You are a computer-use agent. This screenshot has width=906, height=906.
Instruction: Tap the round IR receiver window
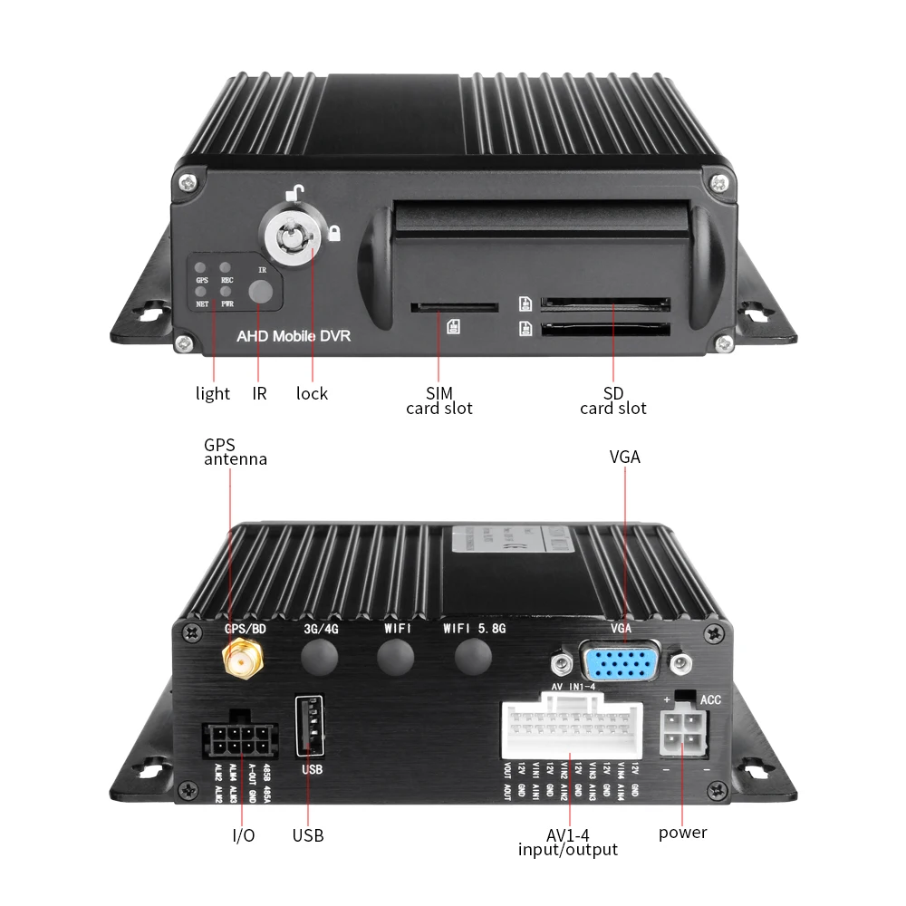(262, 291)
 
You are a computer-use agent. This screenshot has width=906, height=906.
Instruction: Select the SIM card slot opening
(454, 307)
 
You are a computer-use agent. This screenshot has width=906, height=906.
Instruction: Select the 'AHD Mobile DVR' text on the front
(293, 336)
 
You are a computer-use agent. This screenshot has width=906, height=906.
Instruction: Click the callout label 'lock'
(312, 394)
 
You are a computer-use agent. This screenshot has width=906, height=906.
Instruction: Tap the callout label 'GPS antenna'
(235, 452)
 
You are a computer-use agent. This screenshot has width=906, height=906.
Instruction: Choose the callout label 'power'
(682, 833)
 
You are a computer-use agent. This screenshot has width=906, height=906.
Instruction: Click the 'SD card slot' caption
(613, 401)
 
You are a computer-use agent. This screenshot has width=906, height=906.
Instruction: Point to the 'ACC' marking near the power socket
(710, 700)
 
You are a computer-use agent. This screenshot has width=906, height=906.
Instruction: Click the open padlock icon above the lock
(296, 192)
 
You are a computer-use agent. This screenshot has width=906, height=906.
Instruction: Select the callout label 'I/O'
(244, 835)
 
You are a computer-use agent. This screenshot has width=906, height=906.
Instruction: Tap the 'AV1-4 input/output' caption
(568, 842)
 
